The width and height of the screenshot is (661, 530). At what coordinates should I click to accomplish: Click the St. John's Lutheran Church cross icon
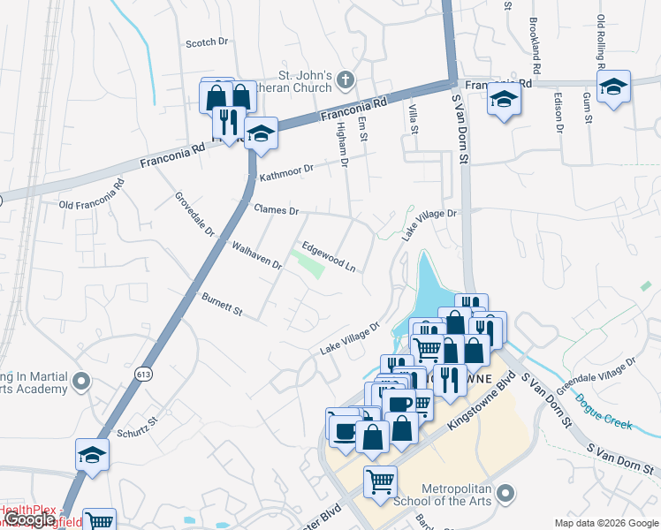click(345, 81)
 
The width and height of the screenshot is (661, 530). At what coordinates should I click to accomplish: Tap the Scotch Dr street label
click(207, 42)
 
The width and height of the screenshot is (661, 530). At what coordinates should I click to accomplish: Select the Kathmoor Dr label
click(286, 172)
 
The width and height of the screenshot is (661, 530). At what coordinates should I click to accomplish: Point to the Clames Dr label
click(277, 211)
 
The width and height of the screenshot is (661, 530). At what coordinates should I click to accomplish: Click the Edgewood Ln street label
click(329, 256)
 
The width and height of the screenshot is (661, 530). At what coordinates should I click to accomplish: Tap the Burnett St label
click(222, 306)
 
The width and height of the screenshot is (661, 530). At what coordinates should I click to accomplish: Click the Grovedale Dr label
click(195, 215)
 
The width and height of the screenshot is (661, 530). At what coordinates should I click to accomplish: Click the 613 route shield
click(143, 375)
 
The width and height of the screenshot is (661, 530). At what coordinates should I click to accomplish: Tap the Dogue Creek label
click(604, 411)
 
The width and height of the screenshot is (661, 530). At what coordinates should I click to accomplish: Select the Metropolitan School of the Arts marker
click(505, 491)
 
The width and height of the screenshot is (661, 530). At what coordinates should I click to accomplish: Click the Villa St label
click(412, 117)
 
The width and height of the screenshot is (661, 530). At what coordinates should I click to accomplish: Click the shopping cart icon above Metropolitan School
click(380, 482)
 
